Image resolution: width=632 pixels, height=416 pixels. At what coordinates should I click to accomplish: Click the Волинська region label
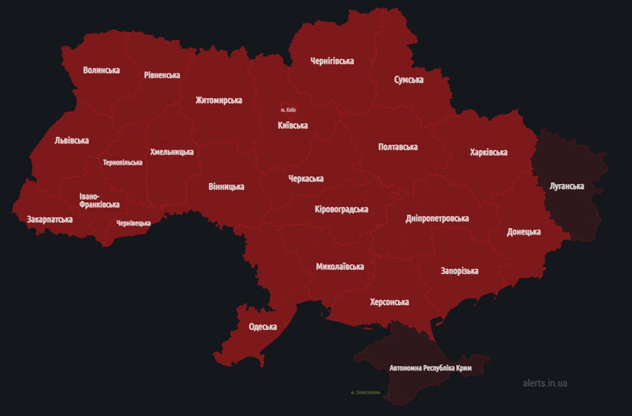[x=101, y=71]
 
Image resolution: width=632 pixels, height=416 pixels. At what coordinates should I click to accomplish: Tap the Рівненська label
[x=162, y=75]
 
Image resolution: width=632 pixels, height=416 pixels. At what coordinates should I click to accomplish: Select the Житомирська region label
[x=219, y=101]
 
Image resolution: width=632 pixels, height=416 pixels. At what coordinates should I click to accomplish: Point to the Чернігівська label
[x=332, y=62]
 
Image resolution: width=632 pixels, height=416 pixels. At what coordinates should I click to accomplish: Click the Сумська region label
[x=410, y=80]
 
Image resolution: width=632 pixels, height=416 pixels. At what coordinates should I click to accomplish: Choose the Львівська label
[x=71, y=140]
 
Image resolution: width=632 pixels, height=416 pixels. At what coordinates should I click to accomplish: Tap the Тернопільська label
[x=122, y=162]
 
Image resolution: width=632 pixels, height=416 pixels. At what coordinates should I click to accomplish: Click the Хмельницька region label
[x=172, y=152]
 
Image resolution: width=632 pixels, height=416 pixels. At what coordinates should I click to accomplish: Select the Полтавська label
[x=398, y=147]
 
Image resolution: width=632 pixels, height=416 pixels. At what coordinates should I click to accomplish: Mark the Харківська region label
[x=489, y=152]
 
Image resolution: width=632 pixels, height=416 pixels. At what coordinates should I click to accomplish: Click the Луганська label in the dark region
[x=566, y=186]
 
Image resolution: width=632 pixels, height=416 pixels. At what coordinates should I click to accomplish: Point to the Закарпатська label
[x=49, y=220]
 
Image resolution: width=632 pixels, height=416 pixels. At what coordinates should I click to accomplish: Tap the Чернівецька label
[x=133, y=223]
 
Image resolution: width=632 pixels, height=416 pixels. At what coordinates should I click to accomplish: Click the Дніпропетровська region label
[x=438, y=219]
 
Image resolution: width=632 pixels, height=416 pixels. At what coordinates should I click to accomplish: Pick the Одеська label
[x=263, y=327]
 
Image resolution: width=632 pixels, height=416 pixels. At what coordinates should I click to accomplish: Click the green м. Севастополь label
[x=365, y=392]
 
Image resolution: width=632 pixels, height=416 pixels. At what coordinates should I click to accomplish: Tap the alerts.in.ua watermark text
[x=545, y=383]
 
